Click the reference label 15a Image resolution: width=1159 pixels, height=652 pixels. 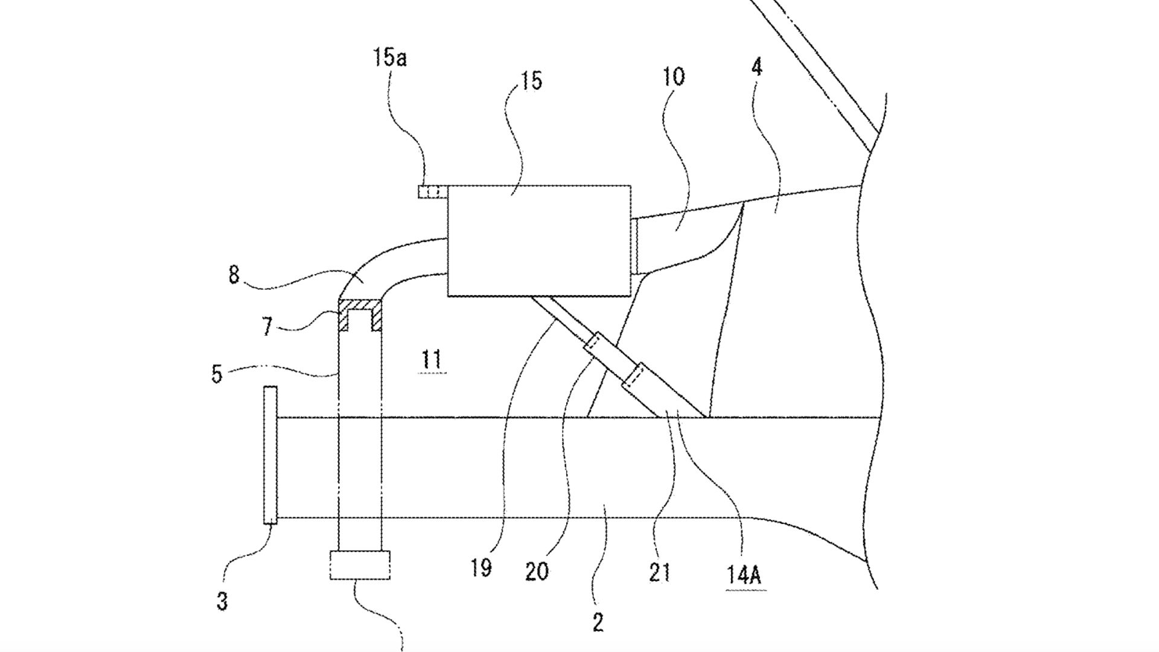pos(389,59)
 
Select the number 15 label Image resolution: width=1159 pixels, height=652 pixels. pos(532,80)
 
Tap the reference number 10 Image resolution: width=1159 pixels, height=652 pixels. pos(674,77)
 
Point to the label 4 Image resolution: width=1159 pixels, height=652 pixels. pos(757,67)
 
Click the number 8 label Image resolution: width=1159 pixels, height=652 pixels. pos(234,275)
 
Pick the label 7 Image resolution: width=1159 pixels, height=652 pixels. pos(267,327)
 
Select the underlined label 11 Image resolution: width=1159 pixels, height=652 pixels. pos(431,360)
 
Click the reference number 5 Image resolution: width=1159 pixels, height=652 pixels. pos(217,374)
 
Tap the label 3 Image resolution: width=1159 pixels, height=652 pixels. pos(222,601)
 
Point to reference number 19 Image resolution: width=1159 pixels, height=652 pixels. pos(481,568)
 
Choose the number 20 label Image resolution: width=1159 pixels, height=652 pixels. pos(537,571)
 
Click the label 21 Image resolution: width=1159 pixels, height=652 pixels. pos(659,571)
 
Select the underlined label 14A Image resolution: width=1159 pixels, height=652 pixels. pos(743,575)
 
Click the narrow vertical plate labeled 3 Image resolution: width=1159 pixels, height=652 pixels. pos(270,455)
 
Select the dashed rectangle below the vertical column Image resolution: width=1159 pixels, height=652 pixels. pos(360,565)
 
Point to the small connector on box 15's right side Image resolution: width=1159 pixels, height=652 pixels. pos(634,245)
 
